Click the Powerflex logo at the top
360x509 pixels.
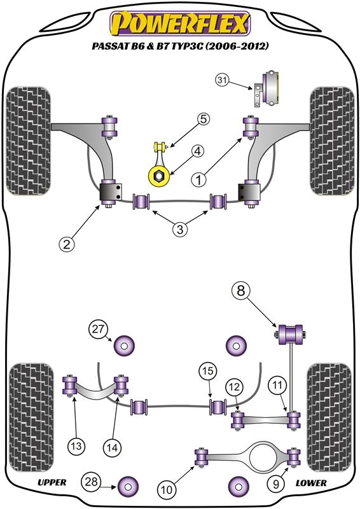180,24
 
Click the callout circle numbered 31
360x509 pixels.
222,80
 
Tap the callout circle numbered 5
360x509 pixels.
203,119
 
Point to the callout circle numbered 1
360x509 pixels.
198,179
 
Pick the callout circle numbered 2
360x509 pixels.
67,244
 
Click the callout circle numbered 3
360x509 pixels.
180,230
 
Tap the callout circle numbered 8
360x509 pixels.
241,291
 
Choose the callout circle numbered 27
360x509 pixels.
98,329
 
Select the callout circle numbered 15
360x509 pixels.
208,371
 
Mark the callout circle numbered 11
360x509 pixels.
277,386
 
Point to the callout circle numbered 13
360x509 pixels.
76,446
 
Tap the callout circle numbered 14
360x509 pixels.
112,448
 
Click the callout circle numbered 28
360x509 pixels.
91,482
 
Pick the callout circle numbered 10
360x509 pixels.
167,489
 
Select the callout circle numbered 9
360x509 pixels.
275,485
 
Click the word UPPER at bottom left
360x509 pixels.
52,482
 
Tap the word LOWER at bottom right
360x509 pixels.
311,483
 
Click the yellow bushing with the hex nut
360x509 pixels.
159,176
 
